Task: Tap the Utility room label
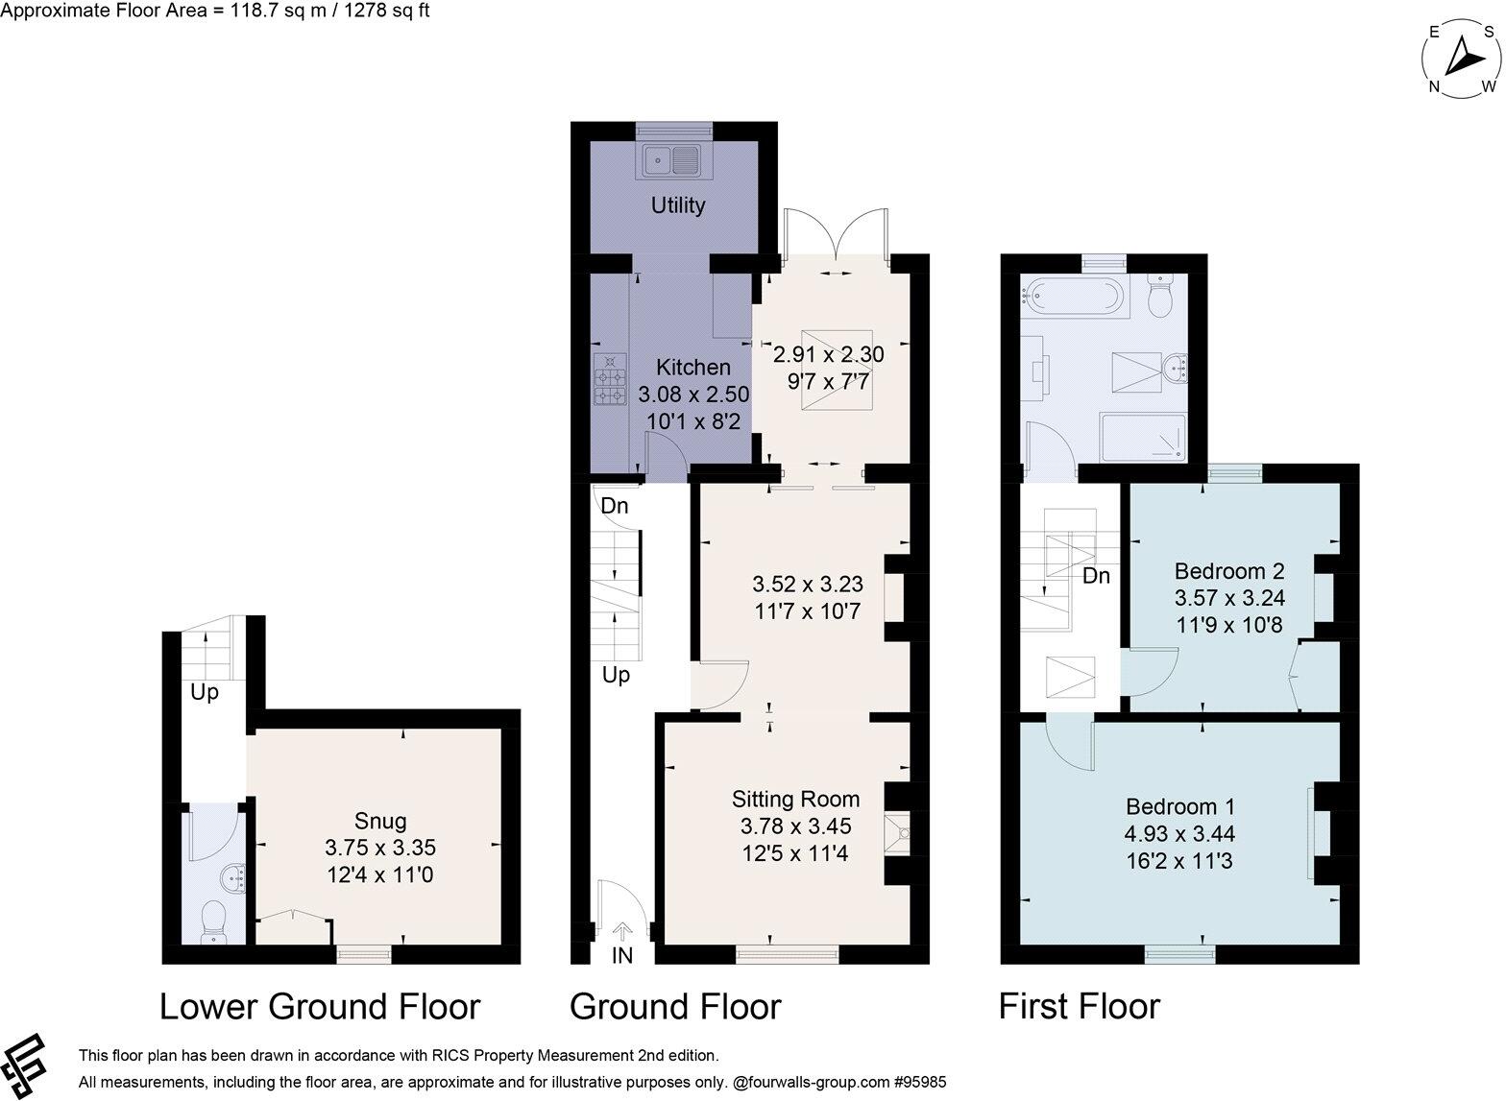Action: coord(678,205)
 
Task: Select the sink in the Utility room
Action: coord(672,160)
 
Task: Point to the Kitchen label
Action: coord(692,367)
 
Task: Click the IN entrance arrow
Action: coord(622,932)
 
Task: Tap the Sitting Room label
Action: coord(795,799)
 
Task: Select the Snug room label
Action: coord(380,821)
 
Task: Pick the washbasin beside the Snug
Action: coord(233,877)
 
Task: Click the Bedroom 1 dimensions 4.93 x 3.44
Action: coord(1180,833)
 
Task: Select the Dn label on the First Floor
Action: coord(1096,576)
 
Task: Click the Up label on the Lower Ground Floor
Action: coord(205,692)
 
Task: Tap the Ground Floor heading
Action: coord(674,1007)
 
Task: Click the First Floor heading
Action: coord(1079,1007)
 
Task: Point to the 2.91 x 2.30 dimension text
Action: coord(829,354)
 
